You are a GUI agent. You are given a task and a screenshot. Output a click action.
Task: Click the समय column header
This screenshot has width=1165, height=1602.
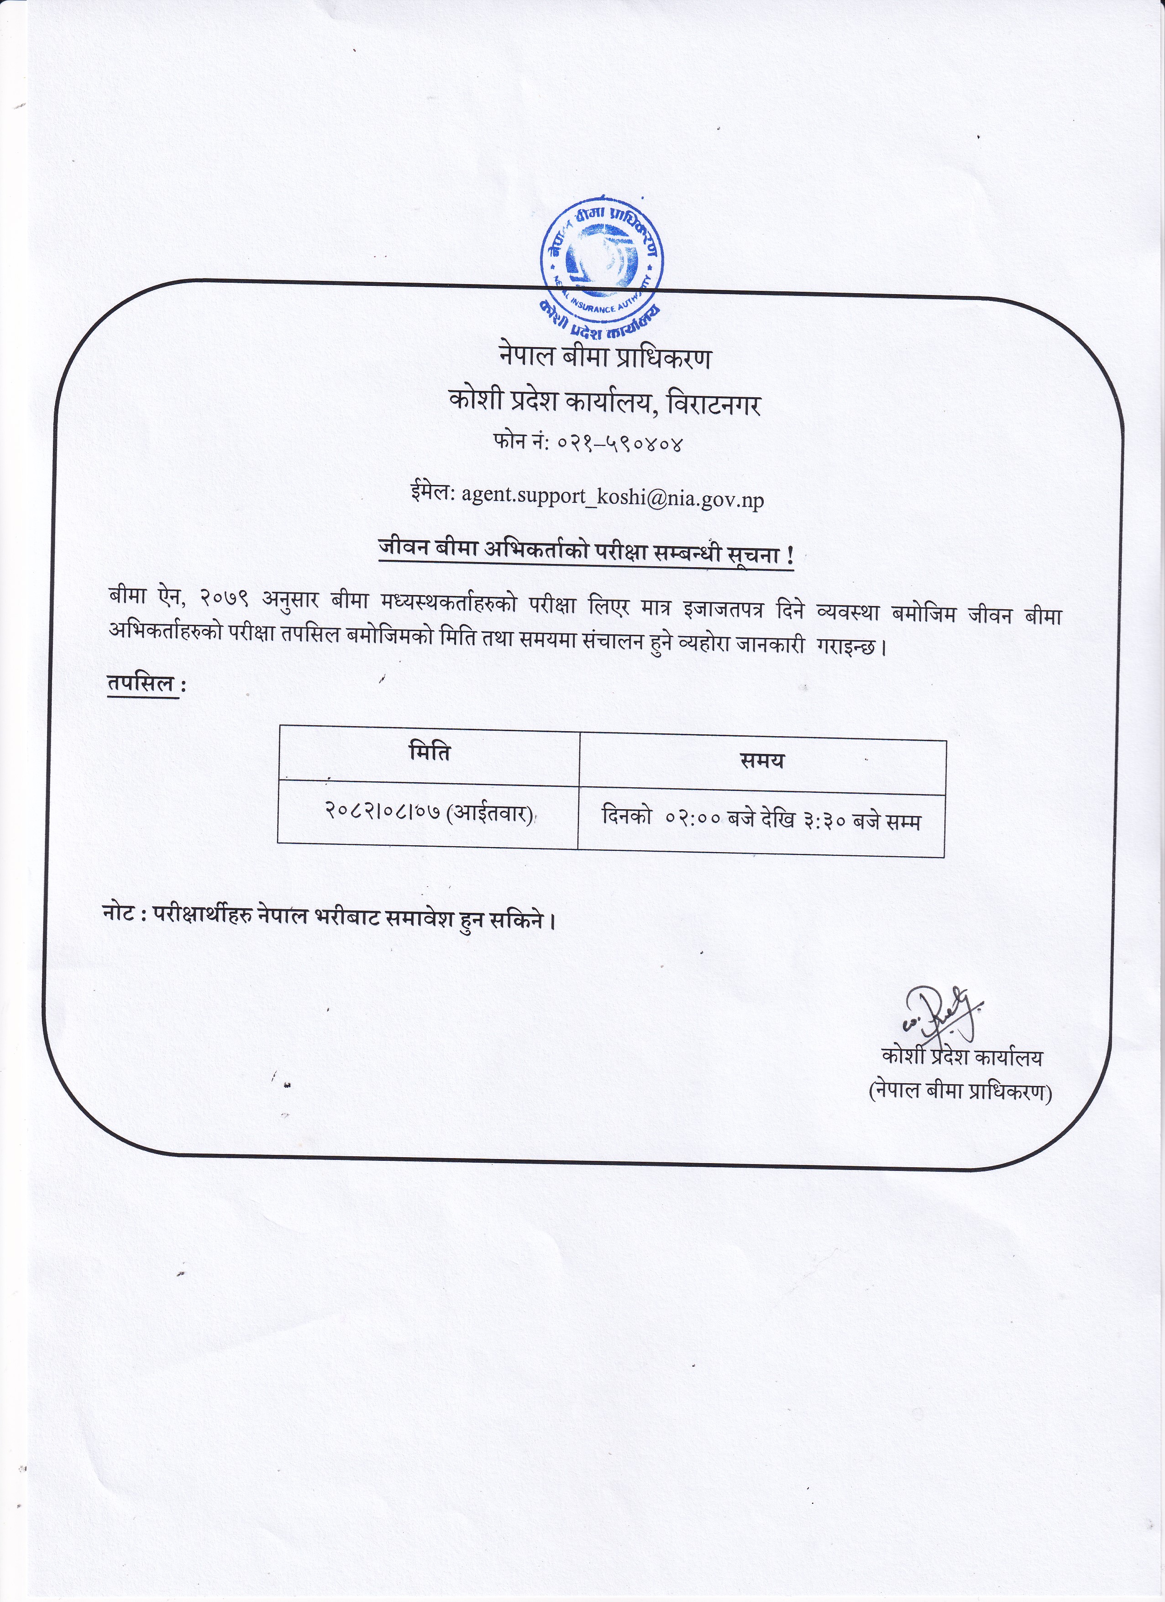point(762,761)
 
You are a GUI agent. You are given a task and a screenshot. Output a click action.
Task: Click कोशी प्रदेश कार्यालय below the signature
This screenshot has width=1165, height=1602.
point(962,1057)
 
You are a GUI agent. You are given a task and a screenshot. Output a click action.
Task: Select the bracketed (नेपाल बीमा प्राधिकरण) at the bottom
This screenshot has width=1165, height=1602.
point(960,1091)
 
